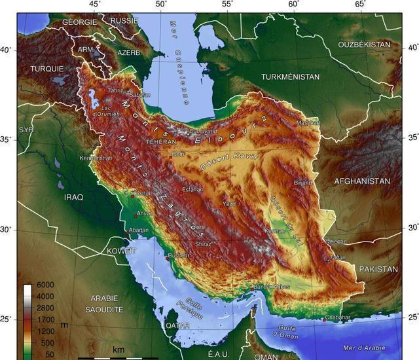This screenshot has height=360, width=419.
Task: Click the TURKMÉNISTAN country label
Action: (290, 77)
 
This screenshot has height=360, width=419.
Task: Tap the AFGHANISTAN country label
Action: (362, 181)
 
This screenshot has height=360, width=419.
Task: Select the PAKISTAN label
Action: (378, 269)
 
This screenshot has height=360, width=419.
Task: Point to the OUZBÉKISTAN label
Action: (364, 44)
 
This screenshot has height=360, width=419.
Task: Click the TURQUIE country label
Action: (47, 68)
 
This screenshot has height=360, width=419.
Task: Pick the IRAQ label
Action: (73, 196)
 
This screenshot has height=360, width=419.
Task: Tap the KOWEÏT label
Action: (122, 251)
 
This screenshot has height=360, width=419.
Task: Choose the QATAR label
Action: (177, 325)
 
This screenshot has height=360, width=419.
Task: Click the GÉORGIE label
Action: (79, 22)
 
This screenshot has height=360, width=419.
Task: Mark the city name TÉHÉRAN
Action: (162, 141)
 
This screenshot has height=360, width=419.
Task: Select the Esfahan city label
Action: (192, 189)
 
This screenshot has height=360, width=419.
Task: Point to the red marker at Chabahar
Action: (324, 319)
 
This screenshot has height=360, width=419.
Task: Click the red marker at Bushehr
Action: (167, 259)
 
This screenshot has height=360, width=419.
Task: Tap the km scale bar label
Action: (118, 350)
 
